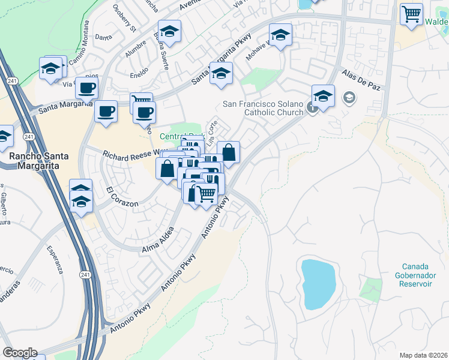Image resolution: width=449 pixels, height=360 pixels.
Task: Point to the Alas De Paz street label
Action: coord(361,79)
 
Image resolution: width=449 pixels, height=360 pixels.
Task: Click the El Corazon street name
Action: coord(122,197)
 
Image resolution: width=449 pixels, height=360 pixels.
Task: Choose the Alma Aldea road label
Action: coord(158,240)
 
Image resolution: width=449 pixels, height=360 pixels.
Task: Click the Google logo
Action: coord(20,353)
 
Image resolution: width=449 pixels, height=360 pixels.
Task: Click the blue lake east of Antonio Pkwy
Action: coord(318,284)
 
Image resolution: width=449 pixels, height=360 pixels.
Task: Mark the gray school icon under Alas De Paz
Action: coord(348,97)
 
